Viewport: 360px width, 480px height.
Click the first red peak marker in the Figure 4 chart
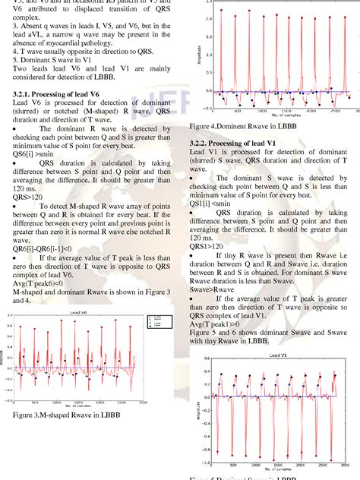click(x=220, y=11)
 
